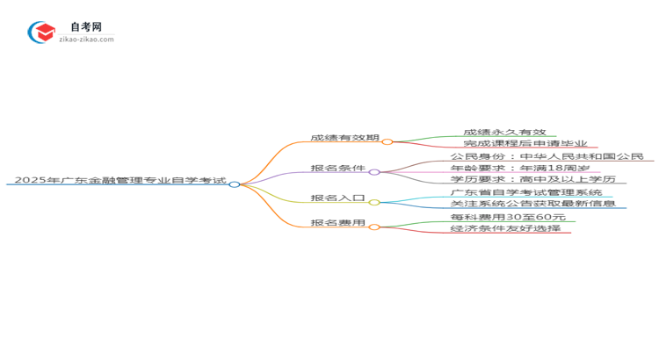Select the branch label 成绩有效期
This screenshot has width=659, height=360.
coord(344,139)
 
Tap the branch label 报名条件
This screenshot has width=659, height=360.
coord(339,169)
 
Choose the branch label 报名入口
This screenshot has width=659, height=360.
coord(339,198)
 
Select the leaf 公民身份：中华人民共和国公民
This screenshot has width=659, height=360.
coord(547,157)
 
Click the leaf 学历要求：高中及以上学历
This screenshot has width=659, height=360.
coord(532,180)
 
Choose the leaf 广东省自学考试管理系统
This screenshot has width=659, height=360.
coord(526,192)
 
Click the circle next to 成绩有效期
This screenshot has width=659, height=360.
coord(387,141)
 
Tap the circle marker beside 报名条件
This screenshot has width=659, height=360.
coord(374,172)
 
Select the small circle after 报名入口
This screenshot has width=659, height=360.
coord(374,202)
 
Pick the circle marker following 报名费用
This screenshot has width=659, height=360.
coord(374,227)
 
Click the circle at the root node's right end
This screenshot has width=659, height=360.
coord(235,184)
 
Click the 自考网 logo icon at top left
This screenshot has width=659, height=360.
coord(41,33)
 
